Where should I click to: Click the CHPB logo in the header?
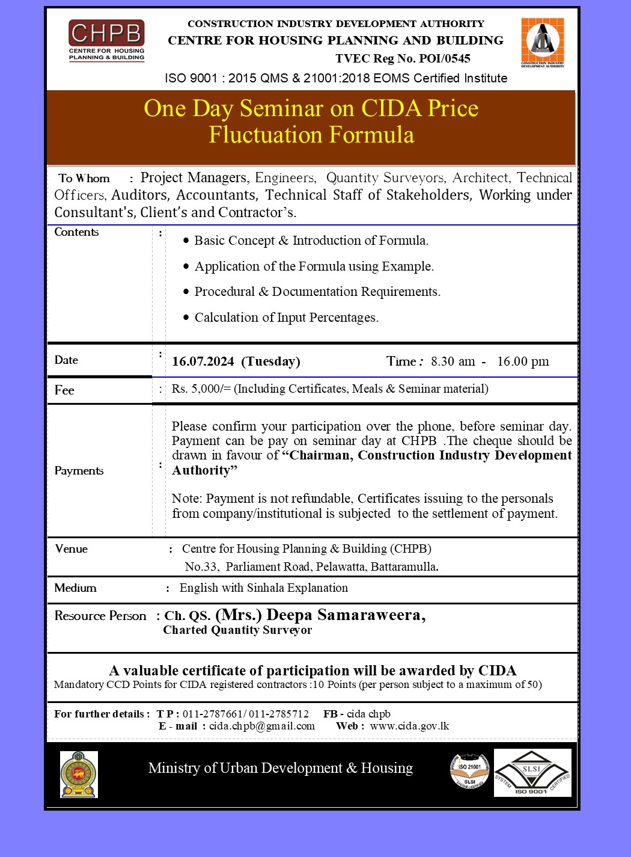106,40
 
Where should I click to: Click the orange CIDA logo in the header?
543,42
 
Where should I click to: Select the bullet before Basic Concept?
186,241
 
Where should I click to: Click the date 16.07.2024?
203,361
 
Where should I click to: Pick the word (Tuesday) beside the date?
270,361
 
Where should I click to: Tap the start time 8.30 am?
453,361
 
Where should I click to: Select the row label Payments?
79,470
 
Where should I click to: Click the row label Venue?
71,548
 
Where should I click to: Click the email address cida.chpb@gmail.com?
262,726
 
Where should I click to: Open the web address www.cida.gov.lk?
409,726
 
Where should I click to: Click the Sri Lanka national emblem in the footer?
79,774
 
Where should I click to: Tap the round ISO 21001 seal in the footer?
469,772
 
